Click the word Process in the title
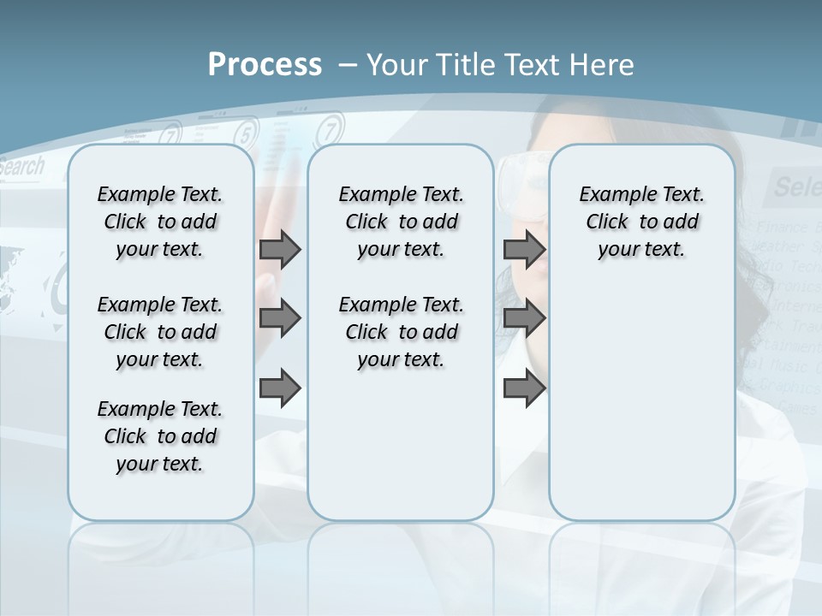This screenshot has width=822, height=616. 265,64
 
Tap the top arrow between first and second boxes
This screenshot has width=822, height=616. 280,249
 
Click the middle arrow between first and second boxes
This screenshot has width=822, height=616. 280,319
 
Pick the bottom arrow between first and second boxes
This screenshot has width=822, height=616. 280,388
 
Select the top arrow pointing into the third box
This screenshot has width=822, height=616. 524,249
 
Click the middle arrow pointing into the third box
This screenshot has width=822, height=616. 524,319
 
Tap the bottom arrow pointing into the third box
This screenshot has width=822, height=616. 524,388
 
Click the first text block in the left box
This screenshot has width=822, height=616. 160,222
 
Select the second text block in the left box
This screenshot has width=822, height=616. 160,332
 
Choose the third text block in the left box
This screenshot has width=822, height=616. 160,436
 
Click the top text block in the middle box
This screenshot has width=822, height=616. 401,222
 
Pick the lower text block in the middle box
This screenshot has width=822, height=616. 401,332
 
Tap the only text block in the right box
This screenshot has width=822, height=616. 641,222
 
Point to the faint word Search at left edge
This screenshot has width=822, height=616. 21,167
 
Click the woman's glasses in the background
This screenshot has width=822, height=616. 519,175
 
